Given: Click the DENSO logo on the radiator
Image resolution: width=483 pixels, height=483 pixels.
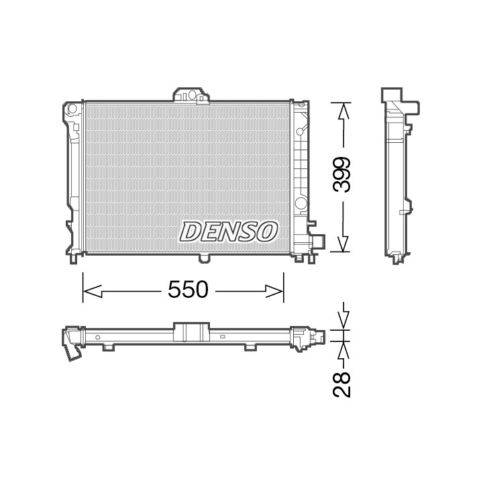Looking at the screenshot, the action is (228, 231).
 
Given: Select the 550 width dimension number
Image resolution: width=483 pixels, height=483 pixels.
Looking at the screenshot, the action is (188, 290).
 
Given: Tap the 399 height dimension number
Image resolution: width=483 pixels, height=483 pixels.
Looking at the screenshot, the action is (342, 174).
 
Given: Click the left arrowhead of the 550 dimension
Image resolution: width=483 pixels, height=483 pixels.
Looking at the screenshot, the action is (93, 291).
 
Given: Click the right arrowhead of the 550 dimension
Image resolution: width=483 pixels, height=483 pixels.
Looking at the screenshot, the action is (274, 291).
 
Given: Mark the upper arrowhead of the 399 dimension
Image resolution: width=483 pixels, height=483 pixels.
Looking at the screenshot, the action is (343, 111).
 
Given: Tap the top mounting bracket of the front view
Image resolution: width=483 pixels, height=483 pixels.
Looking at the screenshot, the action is (191, 95).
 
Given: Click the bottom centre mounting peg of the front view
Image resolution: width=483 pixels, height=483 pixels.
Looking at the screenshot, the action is (204, 258).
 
